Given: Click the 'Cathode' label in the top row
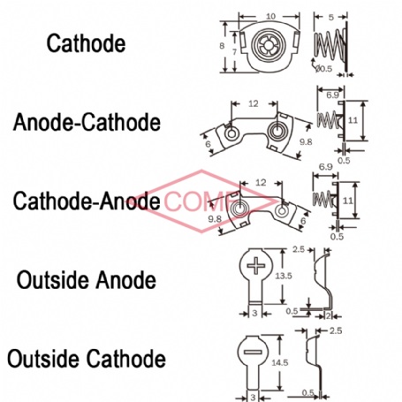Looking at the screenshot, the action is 86,43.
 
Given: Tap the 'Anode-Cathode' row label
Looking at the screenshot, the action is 87,122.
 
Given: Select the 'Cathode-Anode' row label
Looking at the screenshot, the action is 87,201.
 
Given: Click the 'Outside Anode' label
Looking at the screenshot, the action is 87,280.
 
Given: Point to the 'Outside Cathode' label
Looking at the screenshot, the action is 87,359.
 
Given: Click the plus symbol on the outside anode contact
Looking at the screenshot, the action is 256,266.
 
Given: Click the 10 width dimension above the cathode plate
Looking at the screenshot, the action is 270,16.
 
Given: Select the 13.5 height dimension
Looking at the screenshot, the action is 284,276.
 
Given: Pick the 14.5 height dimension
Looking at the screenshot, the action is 280,362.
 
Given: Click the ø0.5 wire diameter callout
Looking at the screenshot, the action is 323,69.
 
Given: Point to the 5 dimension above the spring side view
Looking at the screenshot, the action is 331,17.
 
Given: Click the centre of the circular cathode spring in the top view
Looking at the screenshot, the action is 269,45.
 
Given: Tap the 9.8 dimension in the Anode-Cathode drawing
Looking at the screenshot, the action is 306,142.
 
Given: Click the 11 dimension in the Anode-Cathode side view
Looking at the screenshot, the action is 353,120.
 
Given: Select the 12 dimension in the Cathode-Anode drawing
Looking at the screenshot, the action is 261,183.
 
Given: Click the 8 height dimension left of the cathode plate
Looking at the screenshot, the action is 222,46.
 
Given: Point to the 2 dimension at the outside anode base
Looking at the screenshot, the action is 329,316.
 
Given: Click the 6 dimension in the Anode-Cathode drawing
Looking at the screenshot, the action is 209,144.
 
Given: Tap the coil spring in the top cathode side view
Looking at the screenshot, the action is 330,45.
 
